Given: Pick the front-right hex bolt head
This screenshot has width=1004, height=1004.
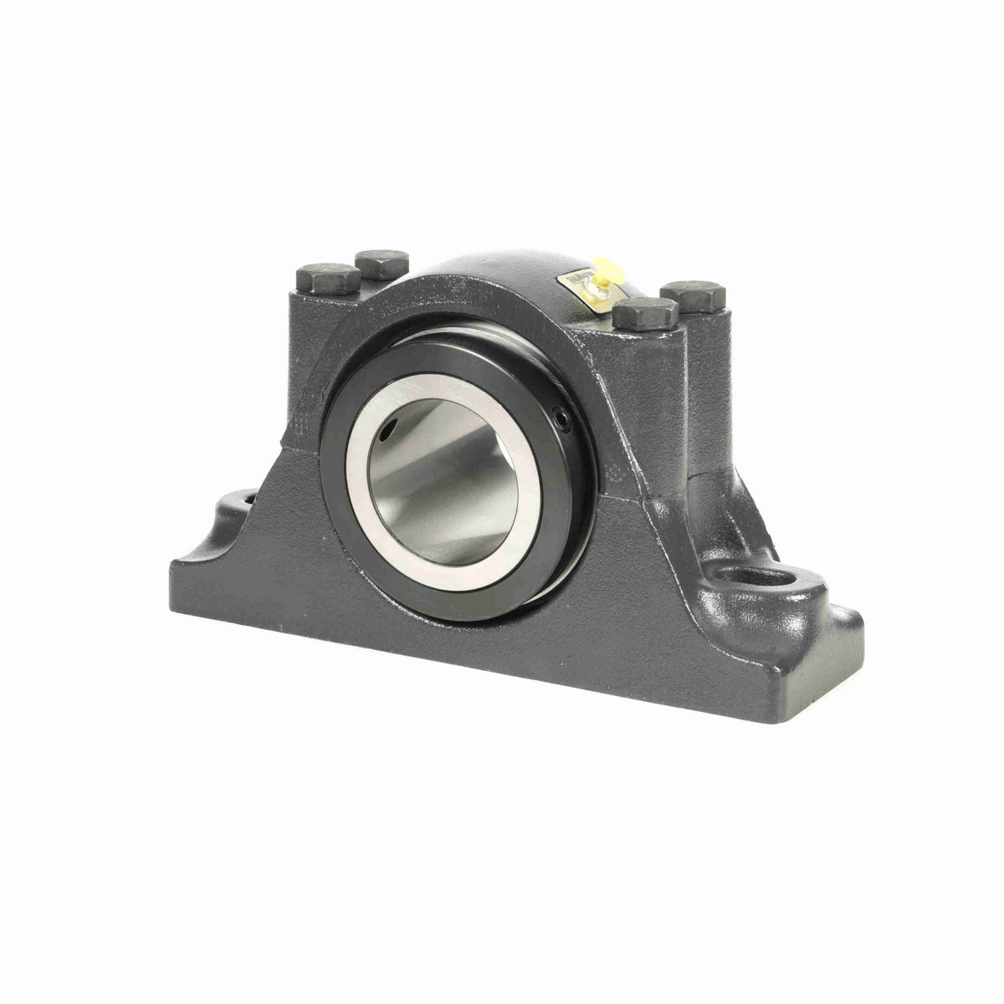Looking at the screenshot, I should [x=645, y=314].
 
